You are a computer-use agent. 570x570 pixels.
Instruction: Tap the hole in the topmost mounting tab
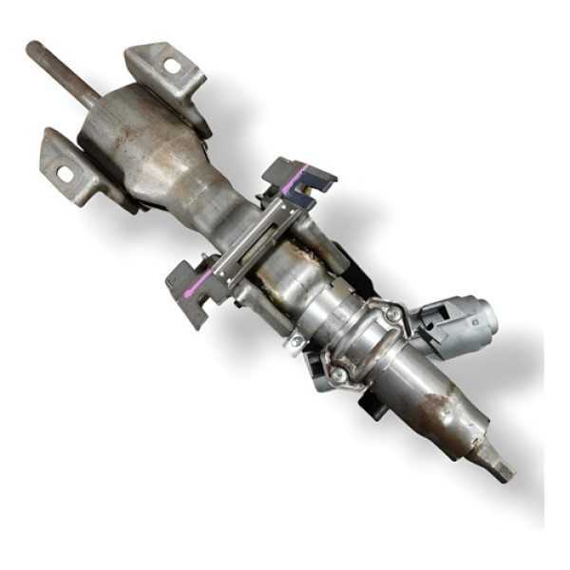[x=172, y=66]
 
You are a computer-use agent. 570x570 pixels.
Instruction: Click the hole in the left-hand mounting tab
[x=65, y=174]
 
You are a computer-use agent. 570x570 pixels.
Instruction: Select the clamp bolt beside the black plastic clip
[x=339, y=376]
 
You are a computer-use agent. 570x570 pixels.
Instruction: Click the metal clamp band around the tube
[x=361, y=347]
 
